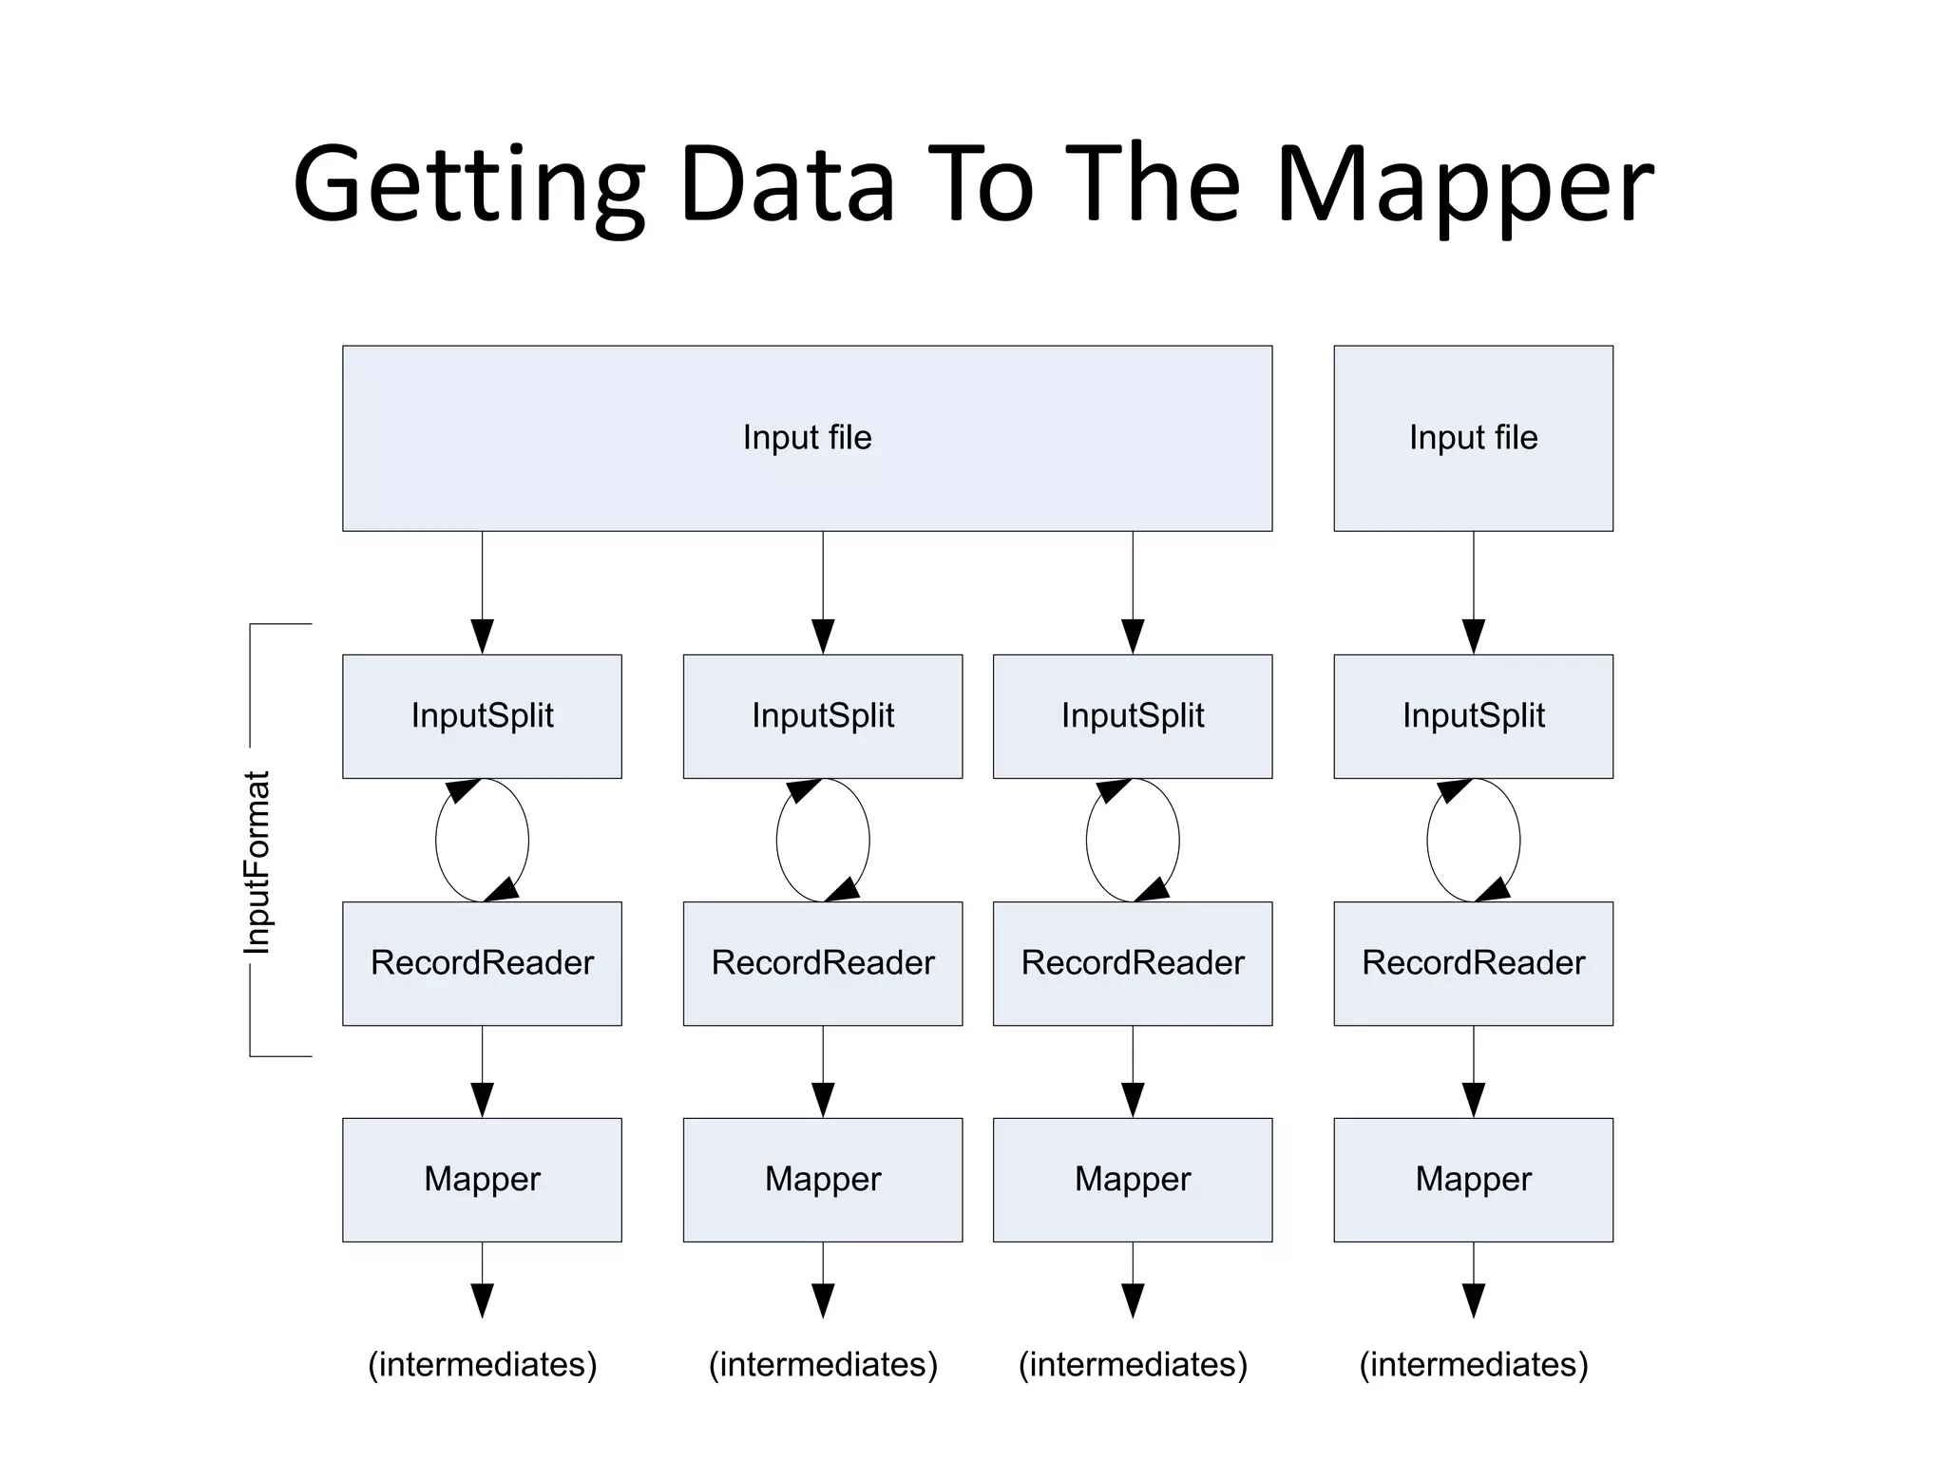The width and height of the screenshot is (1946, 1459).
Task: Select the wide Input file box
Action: click(x=807, y=438)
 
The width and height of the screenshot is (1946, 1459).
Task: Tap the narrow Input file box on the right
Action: click(x=1473, y=438)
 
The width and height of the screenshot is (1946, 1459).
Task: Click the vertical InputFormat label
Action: click(x=258, y=862)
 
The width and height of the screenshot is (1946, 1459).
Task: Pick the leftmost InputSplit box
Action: click(x=482, y=716)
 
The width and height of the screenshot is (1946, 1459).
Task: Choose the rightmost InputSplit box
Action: click(x=1473, y=716)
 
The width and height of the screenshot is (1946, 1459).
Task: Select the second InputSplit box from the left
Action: click(x=822, y=716)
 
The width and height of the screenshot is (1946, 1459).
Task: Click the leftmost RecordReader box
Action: click(x=482, y=963)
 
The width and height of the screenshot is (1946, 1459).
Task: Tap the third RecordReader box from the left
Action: click(x=1132, y=963)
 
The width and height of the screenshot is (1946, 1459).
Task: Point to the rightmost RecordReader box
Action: click(x=1473, y=963)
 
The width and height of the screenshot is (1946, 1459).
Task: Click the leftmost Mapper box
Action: click(x=482, y=1180)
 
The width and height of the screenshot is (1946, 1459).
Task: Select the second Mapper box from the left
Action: click(x=822, y=1180)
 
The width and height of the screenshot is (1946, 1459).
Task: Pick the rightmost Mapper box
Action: click(x=1473, y=1180)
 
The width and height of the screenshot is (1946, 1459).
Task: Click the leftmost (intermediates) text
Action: click(x=482, y=1365)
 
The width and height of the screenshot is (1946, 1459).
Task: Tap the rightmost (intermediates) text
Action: click(x=1473, y=1365)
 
